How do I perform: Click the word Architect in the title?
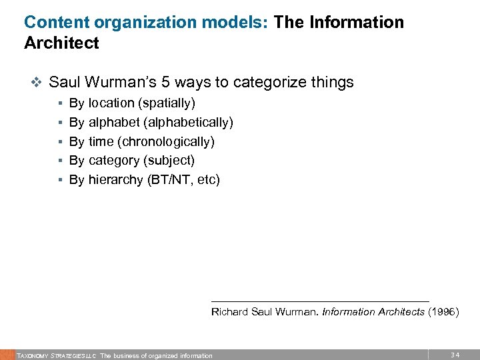61,43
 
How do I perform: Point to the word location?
111,103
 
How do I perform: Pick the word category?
113,161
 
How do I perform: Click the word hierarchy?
115,180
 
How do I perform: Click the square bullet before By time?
61,142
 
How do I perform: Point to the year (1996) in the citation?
443,312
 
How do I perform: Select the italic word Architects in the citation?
401,312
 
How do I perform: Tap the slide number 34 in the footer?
455,354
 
